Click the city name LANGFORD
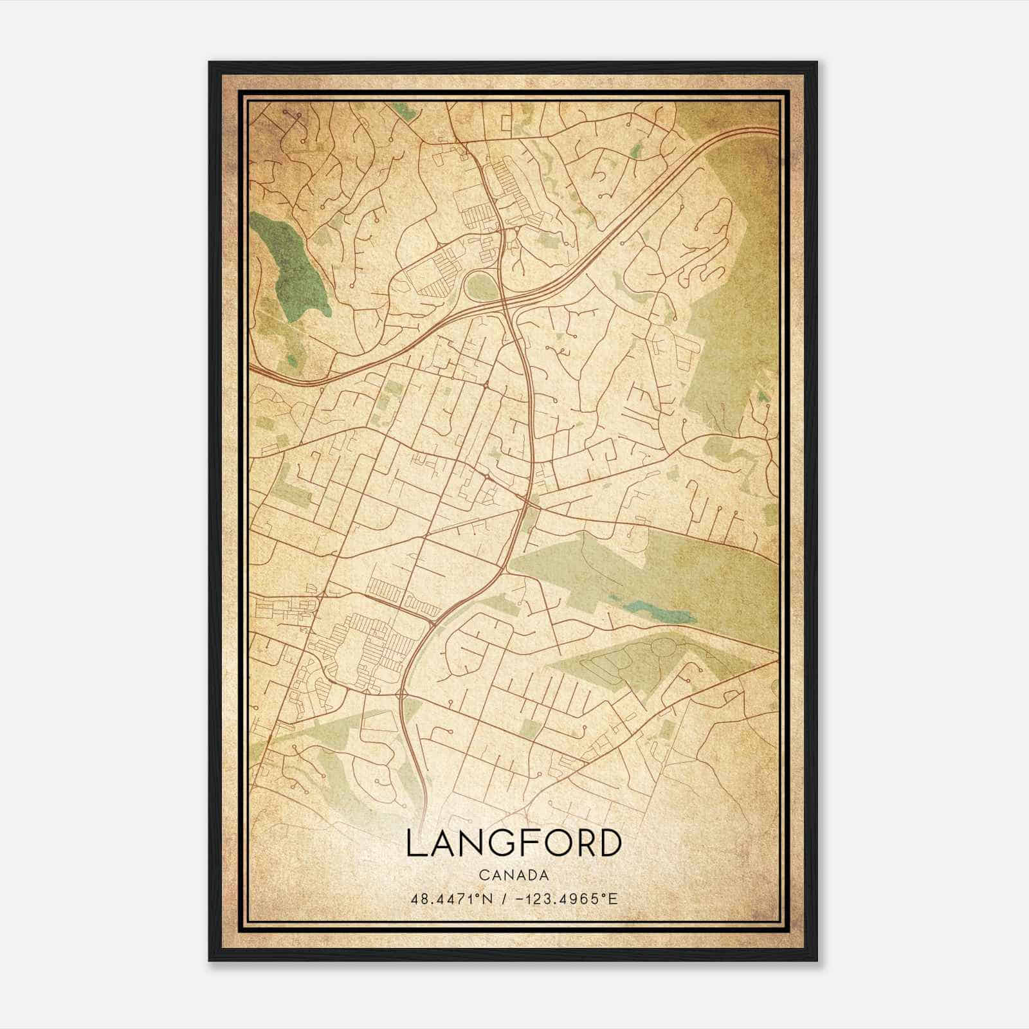[x=514, y=843]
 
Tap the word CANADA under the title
[x=514, y=875]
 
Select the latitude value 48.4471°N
[x=451, y=898]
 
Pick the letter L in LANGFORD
[x=415, y=843]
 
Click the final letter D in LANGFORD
[x=610, y=843]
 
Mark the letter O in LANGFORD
[x=552, y=843]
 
